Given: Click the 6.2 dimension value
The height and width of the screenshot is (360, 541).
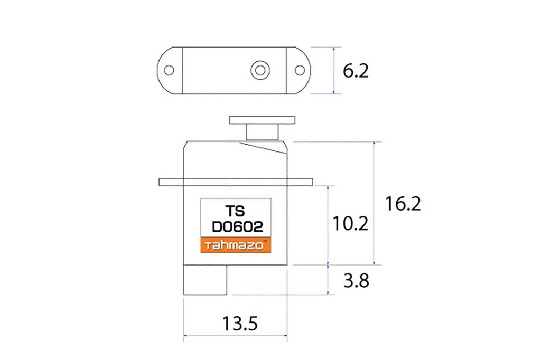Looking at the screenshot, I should (x=355, y=71).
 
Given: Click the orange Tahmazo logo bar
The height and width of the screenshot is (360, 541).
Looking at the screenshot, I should (x=236, y=245).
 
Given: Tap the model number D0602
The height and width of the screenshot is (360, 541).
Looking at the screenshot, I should (x=237, y=228).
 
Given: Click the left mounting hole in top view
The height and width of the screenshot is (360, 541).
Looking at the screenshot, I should (x=169, y=70).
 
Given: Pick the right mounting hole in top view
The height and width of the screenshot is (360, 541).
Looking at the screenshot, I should (x=299, y=70).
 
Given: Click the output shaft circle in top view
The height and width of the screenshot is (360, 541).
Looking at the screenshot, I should (x=259, y=70).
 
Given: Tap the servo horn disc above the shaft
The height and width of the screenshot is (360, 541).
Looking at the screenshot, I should (x=261, y=120).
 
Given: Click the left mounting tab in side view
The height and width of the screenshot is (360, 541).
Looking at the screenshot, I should (x=170, y=182).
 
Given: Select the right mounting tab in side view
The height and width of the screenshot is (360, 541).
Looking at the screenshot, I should (x=300, y=182).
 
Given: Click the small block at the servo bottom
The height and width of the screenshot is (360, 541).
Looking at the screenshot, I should (x=205, y=280).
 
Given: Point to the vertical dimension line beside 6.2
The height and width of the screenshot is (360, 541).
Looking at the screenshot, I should (x=334, y=71).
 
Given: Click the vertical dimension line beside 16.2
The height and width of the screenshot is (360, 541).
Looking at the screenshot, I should (x=374, y=203).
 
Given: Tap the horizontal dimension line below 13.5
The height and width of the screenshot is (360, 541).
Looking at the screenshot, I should (x=235, y=335).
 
